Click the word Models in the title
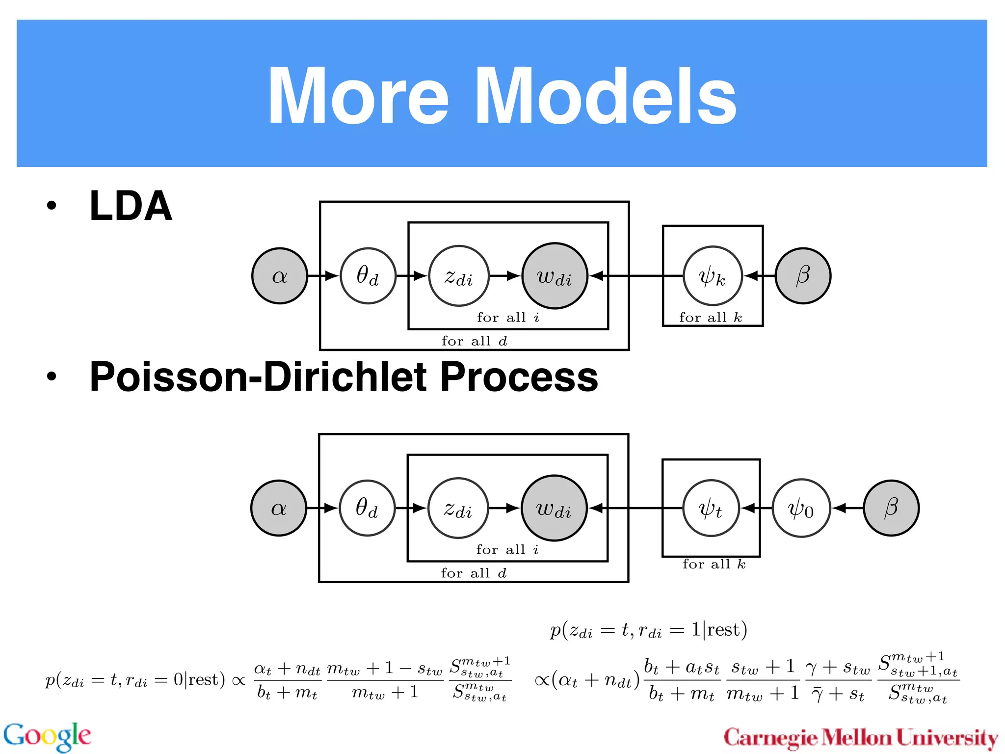point(605,97)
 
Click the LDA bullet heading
point(131,206)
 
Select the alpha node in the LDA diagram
point(280,276)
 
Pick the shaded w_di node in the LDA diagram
point(555,276)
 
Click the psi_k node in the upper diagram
point(713,276)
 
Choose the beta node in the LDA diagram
point(803,276)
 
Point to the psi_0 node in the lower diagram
point(801,508)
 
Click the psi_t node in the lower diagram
point(711,508)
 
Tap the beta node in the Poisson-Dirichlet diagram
point(891,508)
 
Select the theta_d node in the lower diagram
point(367,508)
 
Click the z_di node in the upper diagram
point(459,276)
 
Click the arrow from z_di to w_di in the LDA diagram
point(505,276)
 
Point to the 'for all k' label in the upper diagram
point(711,318)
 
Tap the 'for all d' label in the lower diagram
point(474,573)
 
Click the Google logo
point(47,736)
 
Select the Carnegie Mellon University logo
point(861,738)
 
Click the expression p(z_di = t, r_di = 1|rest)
point(648,630)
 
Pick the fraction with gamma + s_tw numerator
point(838,680)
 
